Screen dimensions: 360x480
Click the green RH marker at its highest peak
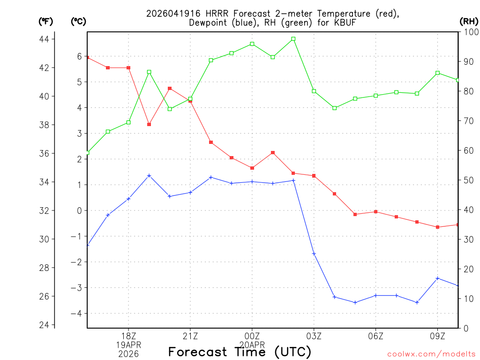tap(293, 39)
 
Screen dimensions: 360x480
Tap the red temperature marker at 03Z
tap(314, 176)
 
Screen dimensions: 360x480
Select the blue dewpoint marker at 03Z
tap(314, 254)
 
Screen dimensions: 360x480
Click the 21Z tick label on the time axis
tap(190, 336)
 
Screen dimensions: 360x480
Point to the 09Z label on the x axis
tap(438, 336)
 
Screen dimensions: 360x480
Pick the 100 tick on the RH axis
tap(468, 32)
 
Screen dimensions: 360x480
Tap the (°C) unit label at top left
tap(78, 21)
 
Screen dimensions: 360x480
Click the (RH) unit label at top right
tap(468, 21)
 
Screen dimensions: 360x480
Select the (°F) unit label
tap(45, 21)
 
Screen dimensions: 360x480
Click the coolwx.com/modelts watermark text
tap(431, 354)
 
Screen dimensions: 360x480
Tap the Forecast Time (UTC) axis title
tap(240, 352)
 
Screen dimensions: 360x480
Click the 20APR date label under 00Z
tap(252, 345)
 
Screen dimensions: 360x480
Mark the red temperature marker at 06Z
tap(376, 212)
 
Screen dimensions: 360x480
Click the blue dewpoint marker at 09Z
tap(438, 278)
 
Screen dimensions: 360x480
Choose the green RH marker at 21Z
tap(190, 99)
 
